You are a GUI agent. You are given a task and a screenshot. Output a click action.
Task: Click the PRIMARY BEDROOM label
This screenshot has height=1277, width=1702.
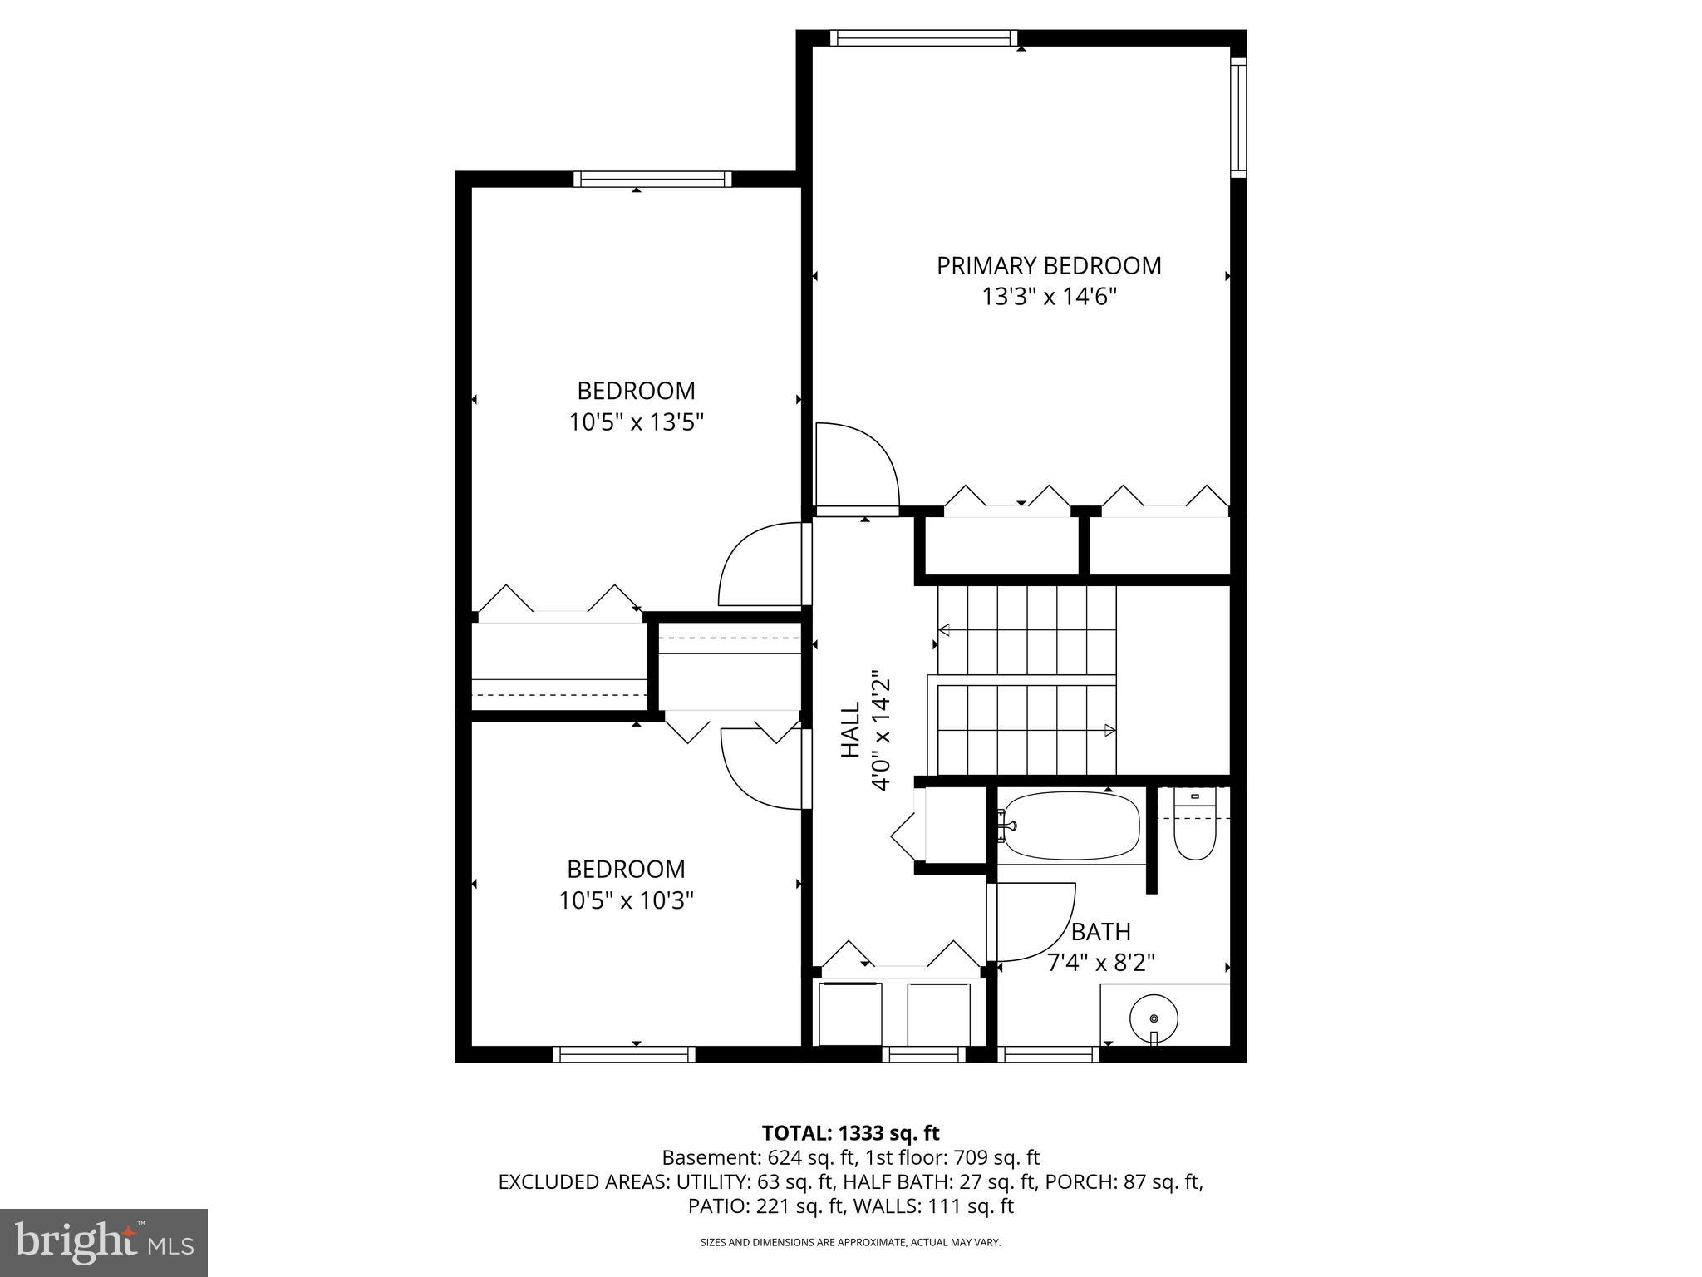pos(1049,266)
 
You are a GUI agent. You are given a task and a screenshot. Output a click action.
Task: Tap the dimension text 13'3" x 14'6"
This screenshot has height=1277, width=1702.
pos(1049,298)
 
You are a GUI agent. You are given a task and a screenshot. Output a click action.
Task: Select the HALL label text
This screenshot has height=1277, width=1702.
pos(850,729)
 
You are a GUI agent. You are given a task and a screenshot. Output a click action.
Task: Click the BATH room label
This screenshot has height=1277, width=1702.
pos(1100,932)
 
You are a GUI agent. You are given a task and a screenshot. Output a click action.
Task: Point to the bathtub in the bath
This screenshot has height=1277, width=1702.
pos(1070,825)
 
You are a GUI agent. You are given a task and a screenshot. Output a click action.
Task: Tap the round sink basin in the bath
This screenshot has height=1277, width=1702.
pos(1154,1018)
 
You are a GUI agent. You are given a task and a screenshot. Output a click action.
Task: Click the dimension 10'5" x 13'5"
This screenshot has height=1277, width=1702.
pos(636,423)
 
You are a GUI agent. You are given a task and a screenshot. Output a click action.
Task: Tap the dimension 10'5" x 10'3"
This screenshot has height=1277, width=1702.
pos(626,900)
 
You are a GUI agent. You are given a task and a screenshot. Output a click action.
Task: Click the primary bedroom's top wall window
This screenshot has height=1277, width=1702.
pos(923,37)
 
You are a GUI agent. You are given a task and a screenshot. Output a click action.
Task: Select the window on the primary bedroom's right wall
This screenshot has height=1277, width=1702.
pos(1238,117)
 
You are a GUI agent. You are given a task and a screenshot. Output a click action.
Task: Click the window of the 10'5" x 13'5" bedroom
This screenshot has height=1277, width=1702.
pos(652,179)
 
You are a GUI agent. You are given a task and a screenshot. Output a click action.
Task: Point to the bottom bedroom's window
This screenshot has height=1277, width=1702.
pos(624,1054)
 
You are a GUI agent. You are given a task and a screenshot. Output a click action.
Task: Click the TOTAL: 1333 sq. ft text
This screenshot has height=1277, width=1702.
pos(850,1133)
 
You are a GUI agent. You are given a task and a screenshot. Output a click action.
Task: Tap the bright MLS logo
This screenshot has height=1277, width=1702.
pos(103,1243)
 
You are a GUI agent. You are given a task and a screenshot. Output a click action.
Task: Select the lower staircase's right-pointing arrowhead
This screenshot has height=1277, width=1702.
pos(1109,730)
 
